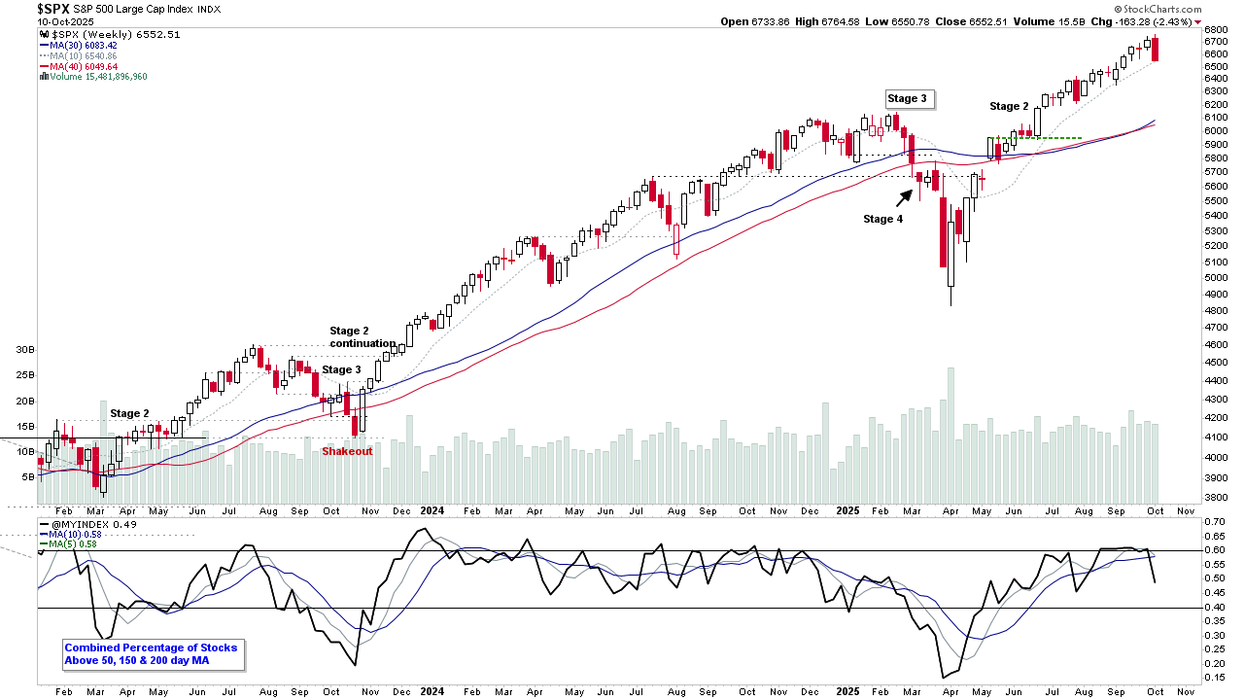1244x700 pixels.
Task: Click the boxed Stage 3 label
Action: pyautogui.click(x=907, y=98)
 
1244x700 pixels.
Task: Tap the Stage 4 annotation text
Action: pyautogui.click(x=882, y=219)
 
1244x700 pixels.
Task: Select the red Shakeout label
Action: pyautogui.click(x=347, y=451)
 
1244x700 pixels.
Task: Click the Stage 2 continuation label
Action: pyautogui.click(x=362, y=337)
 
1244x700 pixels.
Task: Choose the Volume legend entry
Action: pyautogui.click(x=93, y=76)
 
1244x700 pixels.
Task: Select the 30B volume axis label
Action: pyautogui.click(x=24, y=349)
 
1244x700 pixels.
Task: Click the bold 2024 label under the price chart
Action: pyautogui.click(x=433, y=510)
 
